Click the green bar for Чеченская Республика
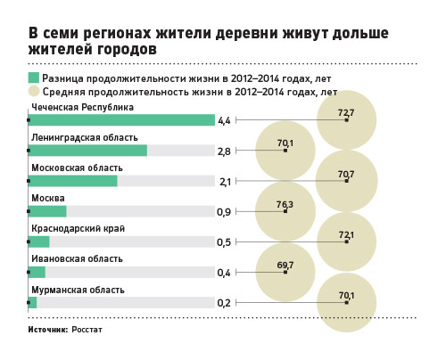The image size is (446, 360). point(121,120)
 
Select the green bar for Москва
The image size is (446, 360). point(47,211)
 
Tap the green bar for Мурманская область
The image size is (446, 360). point(32,303)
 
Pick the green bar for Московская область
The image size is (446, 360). point(73,181)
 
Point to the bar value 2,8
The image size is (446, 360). point(224,151)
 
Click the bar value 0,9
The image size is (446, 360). point(224,212)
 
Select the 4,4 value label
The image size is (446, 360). point(224,121)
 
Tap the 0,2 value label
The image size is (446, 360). point(224,303)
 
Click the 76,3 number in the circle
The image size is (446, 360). point(285,204)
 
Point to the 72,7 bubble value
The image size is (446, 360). point(346,113)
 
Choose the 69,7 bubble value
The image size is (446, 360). point(285,265)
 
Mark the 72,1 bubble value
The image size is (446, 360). point(346,235)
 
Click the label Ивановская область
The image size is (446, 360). point(77,258)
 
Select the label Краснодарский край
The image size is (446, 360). point(78,228)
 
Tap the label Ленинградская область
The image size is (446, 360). point(85,138)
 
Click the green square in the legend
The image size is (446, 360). point(34,78)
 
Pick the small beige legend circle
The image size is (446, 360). point(34,91)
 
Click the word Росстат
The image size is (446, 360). point(87,330)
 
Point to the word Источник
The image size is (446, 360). point(48,330)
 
